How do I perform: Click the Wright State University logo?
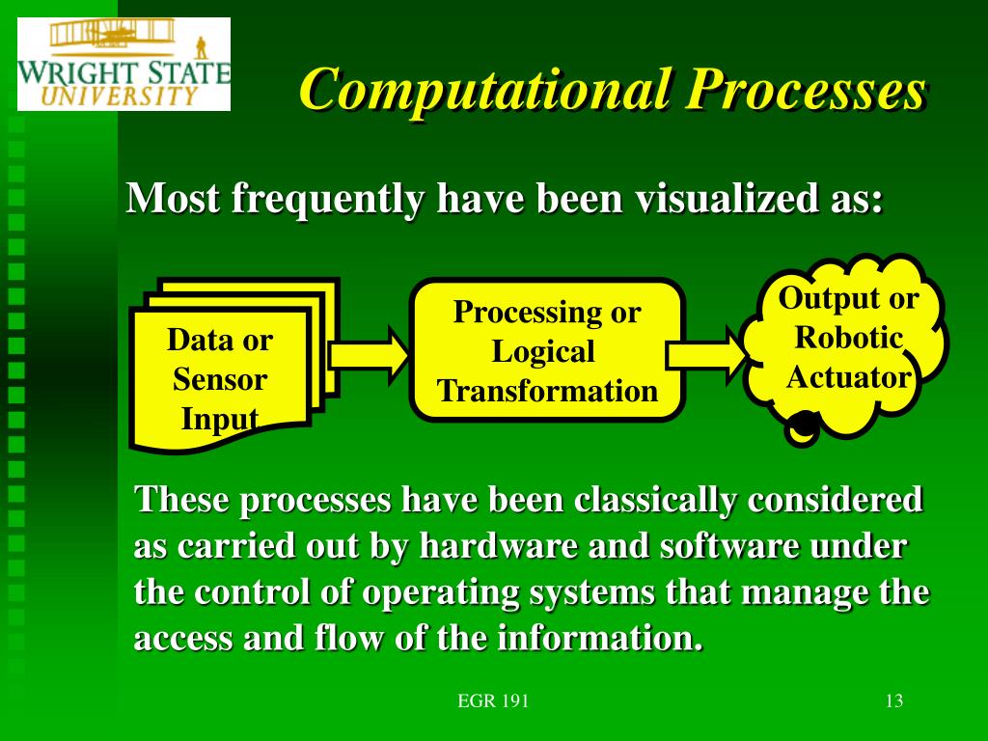pyautogui.click(x=123, y=64)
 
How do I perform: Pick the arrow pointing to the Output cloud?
pyautogui.click(x=705, y=353)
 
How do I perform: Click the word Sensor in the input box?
pyautogui.click(x=220, y=379)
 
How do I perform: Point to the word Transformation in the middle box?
pyautogui.click(x=547, y=392)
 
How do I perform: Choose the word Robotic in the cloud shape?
pyautogui.click(x=849, y=339)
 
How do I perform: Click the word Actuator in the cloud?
pyautogui.click(x=849, y=377)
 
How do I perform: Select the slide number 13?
pyautogui.click(x=893, y=700)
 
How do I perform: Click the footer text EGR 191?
pyautogui.click(x=493, y=700)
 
